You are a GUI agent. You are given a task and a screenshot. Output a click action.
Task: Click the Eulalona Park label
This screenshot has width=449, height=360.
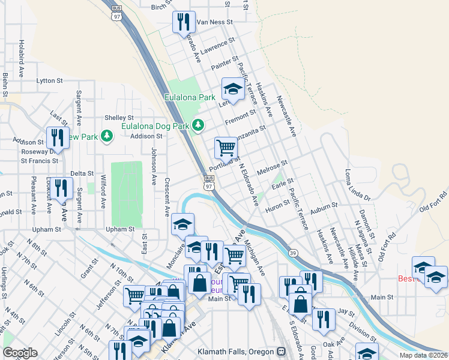tap(190, 97)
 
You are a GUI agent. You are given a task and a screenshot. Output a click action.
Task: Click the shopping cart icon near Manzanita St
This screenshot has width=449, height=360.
tap(226, 147)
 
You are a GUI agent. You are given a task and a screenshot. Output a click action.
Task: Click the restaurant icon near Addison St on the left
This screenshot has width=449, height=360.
tap(58, 137)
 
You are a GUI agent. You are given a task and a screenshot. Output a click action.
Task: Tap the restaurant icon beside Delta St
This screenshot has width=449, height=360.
tap(61, 188)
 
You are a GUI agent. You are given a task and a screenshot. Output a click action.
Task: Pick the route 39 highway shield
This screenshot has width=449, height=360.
tap(292, 254)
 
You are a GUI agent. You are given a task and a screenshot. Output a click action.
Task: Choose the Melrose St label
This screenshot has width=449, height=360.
tap(273, 167)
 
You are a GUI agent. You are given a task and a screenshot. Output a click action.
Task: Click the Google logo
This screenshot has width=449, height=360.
tap(20, 353)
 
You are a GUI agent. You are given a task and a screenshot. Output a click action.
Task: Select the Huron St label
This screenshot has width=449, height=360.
tap(277, 205)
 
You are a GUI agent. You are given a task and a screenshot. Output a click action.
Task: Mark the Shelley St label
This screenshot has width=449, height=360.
tap(119, 118)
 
